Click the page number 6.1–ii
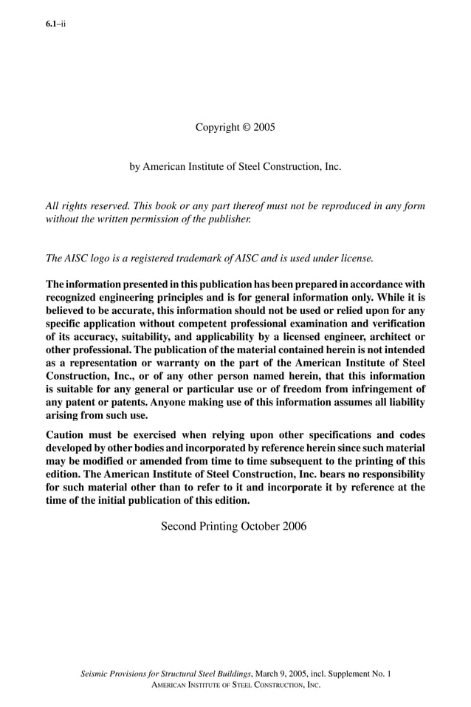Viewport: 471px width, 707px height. pyautogui.click(x=56, y=24)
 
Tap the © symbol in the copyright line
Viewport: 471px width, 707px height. pyautogui.click(x=247, y=127)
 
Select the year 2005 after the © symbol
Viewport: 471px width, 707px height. pyautogui.click(x=264, y=127)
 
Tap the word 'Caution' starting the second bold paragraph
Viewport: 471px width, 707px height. pyautogui.click(x=68, y=435)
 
